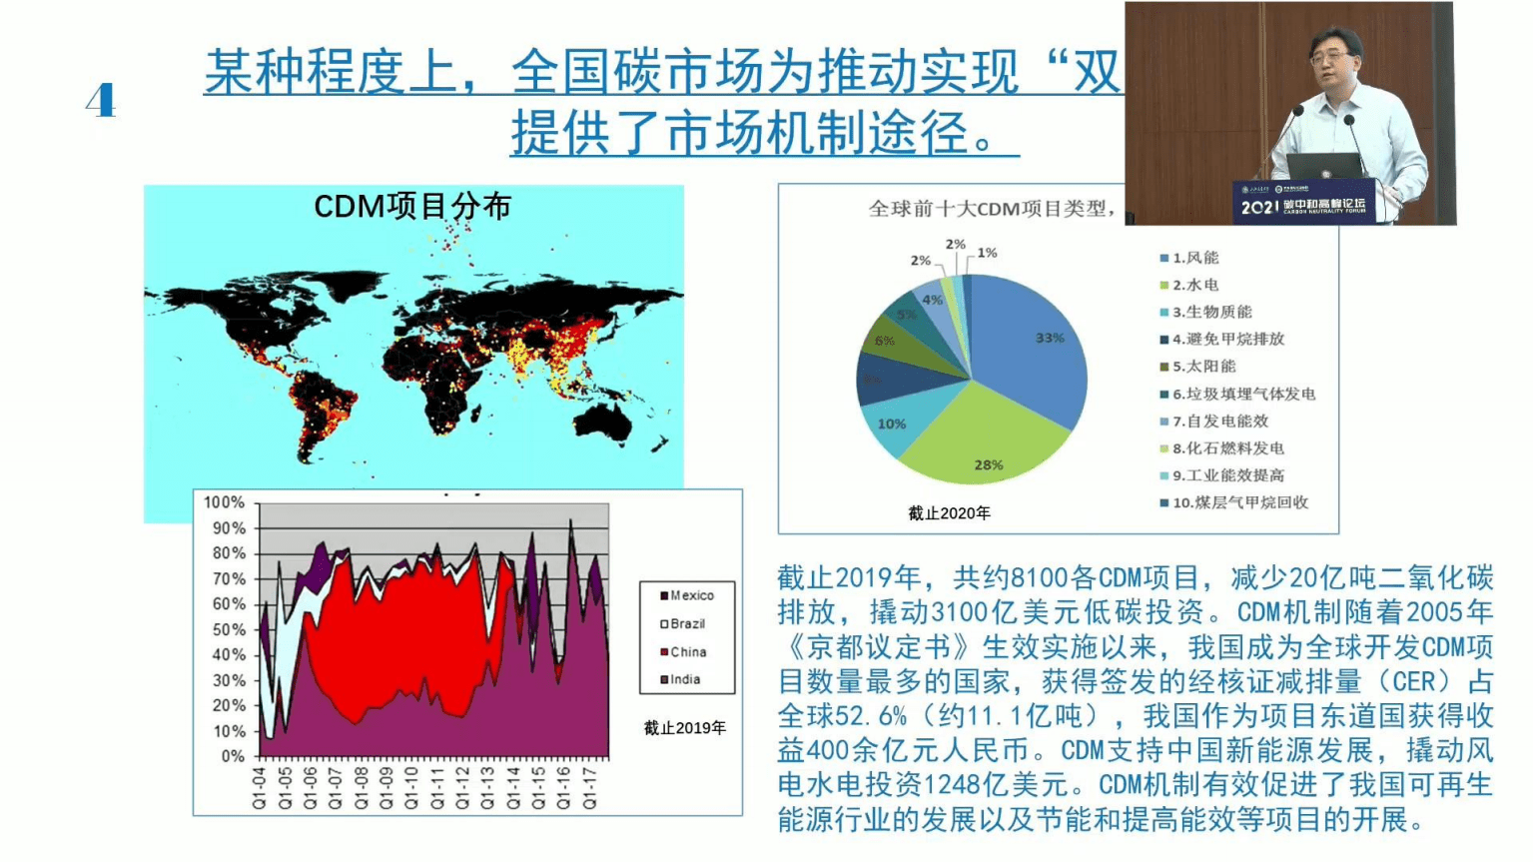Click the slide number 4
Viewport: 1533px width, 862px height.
tap(101, 101)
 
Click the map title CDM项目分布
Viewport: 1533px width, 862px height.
tap(412, 207)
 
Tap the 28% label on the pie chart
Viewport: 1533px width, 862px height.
tap(988, 464)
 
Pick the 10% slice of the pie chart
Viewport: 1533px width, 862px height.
tap(891, 424)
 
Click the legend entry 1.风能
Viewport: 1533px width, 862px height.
tap(1194, 258)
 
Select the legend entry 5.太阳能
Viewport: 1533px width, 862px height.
tap(1202, 367)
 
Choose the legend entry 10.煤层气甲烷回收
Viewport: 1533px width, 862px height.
tap(1238, 502)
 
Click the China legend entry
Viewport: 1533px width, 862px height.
tap(686, 651)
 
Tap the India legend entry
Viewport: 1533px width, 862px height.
tap(683, 679)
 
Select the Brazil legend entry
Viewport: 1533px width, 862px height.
tap(686, 623)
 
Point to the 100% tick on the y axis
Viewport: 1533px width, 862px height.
tap(225, 502)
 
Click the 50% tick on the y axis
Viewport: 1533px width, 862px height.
tap(229, 629)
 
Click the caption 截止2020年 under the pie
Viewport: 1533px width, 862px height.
tap(949, 513)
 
